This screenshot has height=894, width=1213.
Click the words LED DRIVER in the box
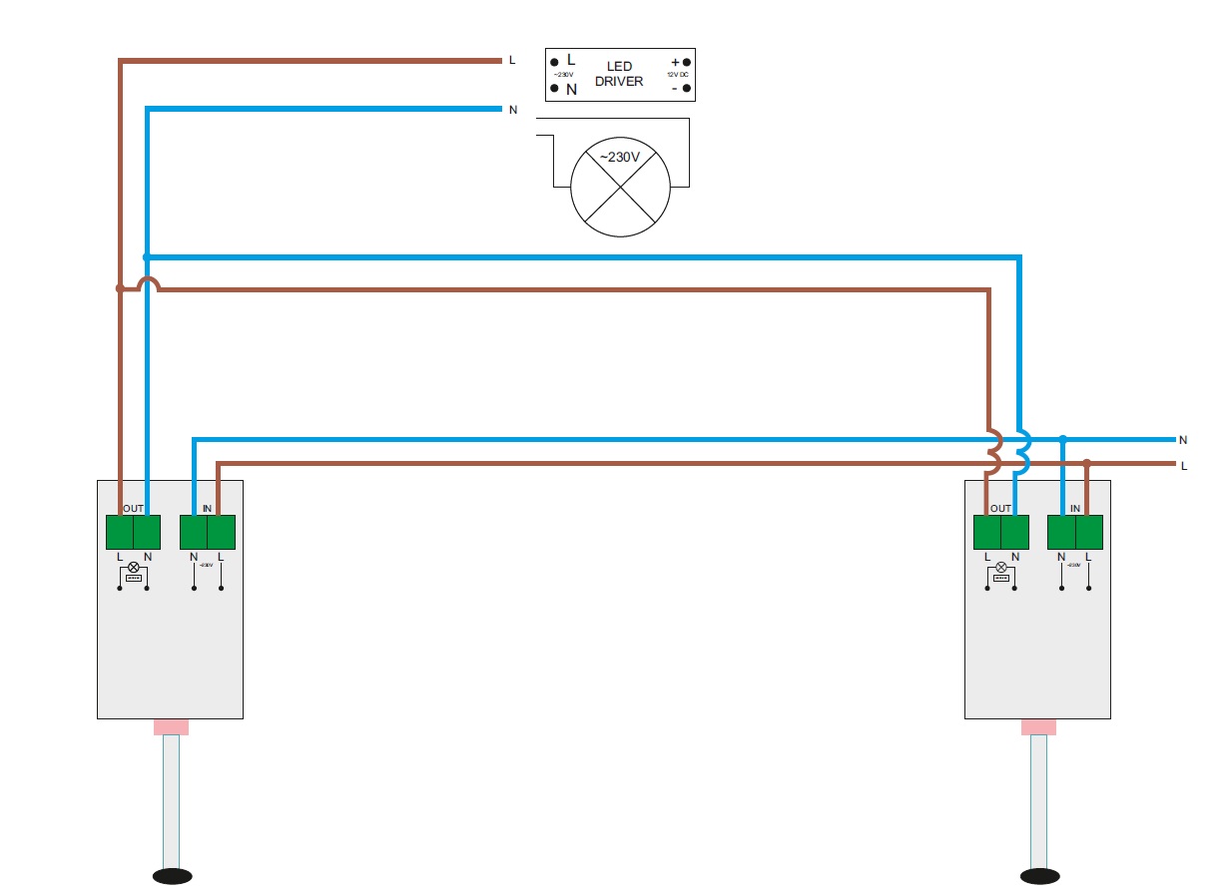coord(619,74)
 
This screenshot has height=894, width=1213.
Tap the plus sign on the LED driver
coord(675,62)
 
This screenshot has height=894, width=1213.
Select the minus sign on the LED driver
coord(675,88)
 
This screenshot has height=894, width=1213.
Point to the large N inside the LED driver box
coord(571,89)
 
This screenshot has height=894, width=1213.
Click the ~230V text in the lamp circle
coord(619,157)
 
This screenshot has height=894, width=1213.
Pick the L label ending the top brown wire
coord(512,60)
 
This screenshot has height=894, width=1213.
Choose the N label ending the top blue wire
coord(513,110)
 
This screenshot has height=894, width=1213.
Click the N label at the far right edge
coord(1183,440)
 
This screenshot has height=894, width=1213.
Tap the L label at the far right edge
coord(1184,466)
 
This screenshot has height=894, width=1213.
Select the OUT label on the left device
coord(134,509)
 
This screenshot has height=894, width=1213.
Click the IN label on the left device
coord(208,509)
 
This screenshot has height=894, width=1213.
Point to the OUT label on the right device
coord(1001,509)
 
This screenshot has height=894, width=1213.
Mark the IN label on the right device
coord(1075,509)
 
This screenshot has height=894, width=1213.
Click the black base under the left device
coord(172,876)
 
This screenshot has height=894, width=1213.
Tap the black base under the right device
coord(1040,876)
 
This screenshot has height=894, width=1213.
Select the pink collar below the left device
coord(171,727)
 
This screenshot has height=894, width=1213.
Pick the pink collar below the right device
coord(1039,727)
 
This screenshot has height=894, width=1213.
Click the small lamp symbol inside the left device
coord(134,567)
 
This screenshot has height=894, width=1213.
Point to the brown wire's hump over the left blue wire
coord(148,284)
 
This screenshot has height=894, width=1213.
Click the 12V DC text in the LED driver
coord(678,75)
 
